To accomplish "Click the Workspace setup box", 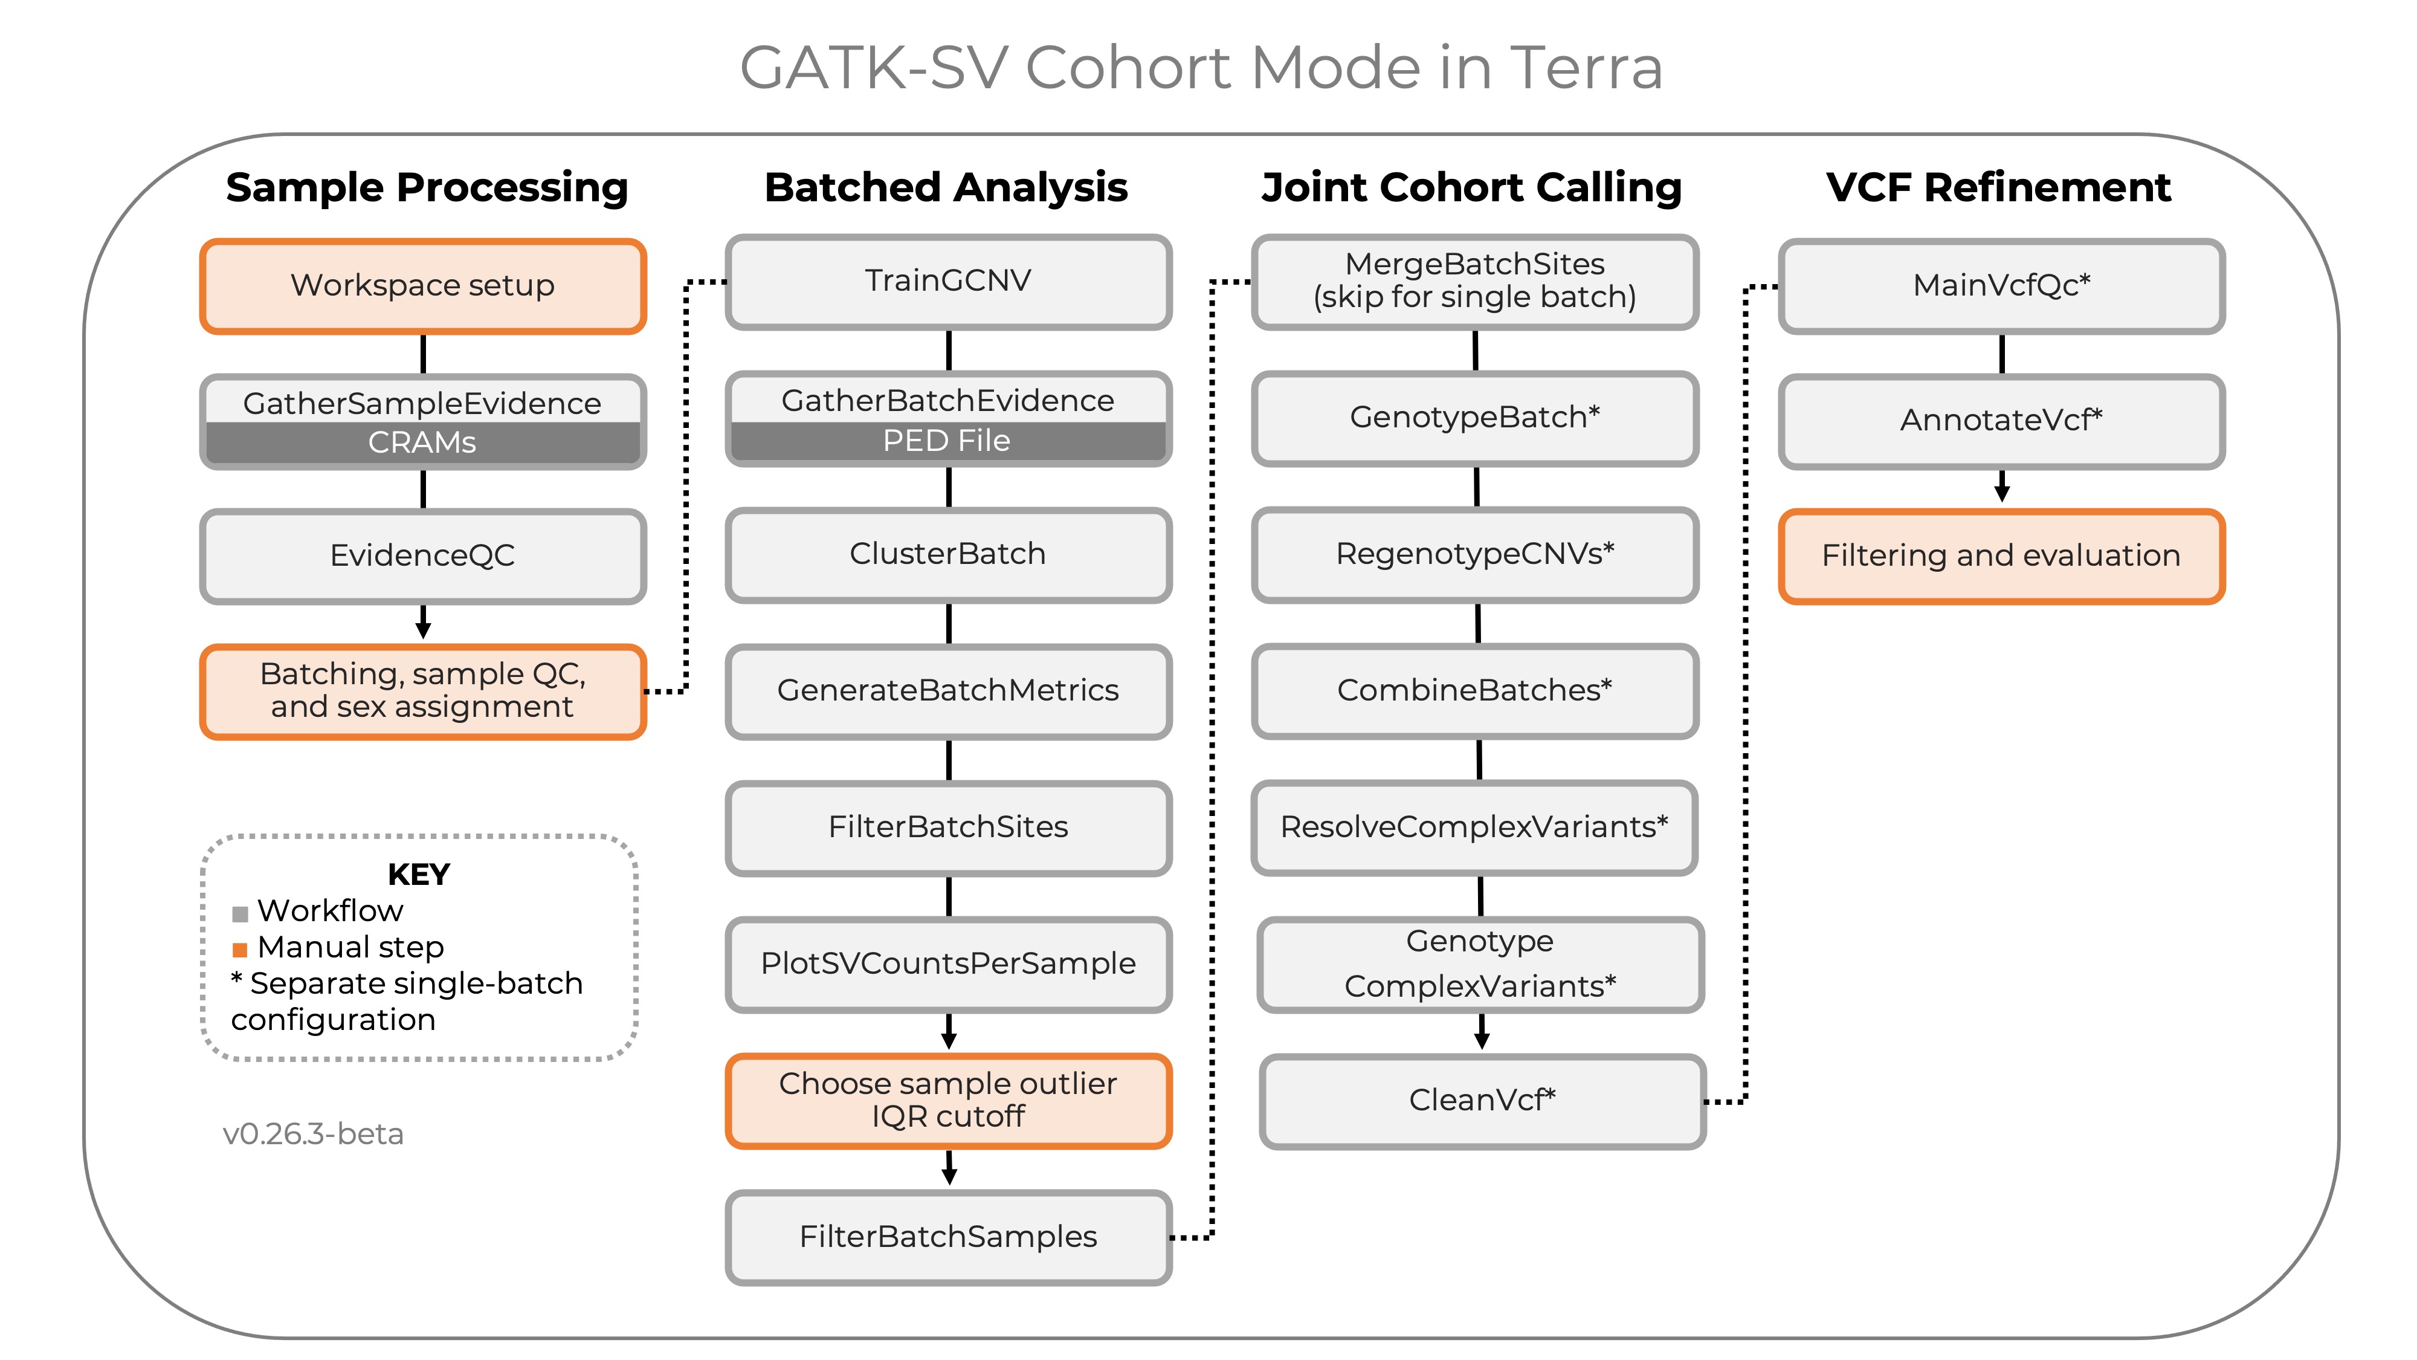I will coord(422,285).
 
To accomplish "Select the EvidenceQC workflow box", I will coord(422,555).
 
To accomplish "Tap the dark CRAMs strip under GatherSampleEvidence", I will coord(422,442).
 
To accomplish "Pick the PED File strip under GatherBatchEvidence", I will coord(947,440).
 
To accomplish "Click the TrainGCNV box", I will coord(947,280).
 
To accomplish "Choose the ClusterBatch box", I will coord(947,554).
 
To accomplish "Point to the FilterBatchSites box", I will coord(947,827).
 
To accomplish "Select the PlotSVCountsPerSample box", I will coord(947,964).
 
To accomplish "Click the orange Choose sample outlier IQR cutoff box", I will coord(947,1100).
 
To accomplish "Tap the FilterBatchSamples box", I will coord(947,1237).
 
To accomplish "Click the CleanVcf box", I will coord(1482,1100).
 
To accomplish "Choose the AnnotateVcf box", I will coord(2001,421).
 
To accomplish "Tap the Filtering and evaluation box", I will coord(2001,555).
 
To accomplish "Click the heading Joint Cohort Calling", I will coord(1471,188).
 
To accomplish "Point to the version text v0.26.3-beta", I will coord(312,1135).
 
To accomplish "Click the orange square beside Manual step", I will coord(240,950).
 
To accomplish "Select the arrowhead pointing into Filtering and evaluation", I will coord(2001,494).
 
